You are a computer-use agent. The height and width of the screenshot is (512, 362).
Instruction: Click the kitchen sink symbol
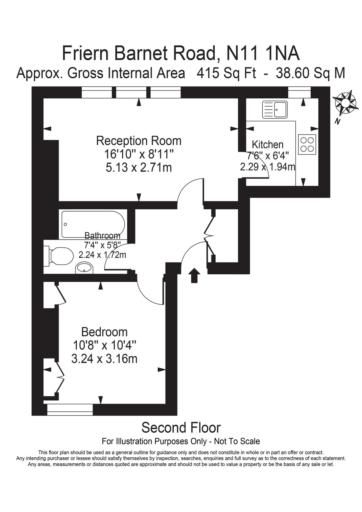[275, 109]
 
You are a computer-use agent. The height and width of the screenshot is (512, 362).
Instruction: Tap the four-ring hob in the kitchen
[307, 144]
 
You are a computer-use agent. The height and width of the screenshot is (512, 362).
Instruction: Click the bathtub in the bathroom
[93, 224]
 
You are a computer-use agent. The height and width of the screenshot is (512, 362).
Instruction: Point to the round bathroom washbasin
[84, 268]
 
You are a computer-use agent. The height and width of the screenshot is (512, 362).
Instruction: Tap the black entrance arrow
[194, 275]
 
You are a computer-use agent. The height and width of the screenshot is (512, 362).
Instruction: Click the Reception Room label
[139, 141]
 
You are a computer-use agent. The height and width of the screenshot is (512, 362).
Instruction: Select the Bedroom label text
[104, 332]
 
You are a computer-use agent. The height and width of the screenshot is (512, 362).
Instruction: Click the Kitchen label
[267, 145]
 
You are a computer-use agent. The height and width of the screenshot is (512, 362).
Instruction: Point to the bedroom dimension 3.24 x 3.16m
[104, 359]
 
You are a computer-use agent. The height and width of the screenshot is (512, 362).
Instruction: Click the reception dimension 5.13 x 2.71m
[139, 167]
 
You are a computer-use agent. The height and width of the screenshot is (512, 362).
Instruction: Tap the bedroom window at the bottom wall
[70, 409]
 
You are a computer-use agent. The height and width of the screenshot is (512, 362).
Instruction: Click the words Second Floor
[181, 427]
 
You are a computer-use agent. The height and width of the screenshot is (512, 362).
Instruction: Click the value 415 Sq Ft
[226, 73]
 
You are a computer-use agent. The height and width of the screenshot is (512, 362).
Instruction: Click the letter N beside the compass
[337, 121]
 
